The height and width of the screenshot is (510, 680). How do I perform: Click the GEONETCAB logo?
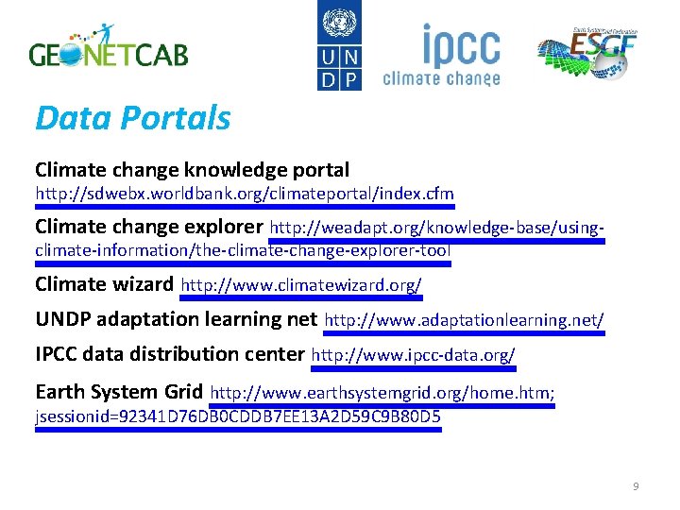pos(109,47)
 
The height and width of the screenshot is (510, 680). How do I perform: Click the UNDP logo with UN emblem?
pos(338,45)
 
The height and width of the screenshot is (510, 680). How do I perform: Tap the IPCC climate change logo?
pos(441,55)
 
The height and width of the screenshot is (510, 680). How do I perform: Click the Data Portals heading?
pos(132,118)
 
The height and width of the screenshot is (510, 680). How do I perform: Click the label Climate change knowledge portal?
pos(192,170)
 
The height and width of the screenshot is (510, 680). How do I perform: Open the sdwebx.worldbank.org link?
pos(245,194)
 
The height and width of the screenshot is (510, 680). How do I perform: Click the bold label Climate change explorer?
pos(149,227)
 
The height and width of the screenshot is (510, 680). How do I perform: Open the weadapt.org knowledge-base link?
pos(436,228)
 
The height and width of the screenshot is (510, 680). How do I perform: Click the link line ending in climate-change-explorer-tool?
pos(243,250)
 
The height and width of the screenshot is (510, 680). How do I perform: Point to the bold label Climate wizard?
pos(104,283)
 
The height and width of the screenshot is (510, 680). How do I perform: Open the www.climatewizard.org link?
pos(301,284)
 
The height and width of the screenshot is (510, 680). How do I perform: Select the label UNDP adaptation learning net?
pos(176,319)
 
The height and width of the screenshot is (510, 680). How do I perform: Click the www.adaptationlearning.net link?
pos(464,320)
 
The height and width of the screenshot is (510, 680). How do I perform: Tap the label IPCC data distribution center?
pos(170,354)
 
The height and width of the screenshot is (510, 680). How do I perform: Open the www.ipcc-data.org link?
pos(413,355)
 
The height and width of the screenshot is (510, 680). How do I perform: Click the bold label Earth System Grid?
pos(119,392)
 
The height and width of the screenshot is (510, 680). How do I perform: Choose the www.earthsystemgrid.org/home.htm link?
pos(382,393)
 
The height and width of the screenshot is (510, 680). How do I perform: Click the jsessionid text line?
pos(238,416)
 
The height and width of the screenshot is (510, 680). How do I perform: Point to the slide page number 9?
pos(636,486)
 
